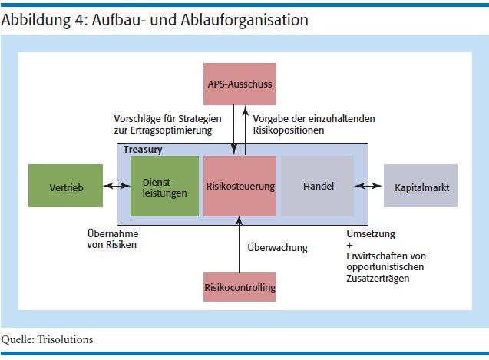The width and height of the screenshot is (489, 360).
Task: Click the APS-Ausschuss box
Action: coord(240,84)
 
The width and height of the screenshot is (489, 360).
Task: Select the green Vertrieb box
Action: coord(65,186)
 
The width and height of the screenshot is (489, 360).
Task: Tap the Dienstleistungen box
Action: coord(164,186)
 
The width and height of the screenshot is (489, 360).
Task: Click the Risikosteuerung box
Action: coord(240,186)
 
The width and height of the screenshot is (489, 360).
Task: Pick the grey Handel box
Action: coord(318,186)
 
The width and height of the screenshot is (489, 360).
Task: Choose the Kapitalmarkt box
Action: coord(421,186)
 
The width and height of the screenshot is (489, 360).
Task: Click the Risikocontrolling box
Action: coord(240,287)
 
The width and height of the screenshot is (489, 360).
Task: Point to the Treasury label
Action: coord(143,150)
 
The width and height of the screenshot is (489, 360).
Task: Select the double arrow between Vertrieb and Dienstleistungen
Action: coord(117,186)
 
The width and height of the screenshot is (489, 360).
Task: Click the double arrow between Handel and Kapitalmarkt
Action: coord(368,186)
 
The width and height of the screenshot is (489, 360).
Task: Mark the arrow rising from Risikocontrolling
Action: coord(240,245)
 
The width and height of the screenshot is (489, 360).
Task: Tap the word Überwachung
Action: coord(278,247)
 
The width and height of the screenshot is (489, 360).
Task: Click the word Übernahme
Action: coord(113,233)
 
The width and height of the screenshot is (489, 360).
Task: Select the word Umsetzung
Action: coord(371,234)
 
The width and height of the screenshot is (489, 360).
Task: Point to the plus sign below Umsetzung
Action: coord(349,245)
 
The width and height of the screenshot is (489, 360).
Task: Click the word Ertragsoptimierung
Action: coord(171,130)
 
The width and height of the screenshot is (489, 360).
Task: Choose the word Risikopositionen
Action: coord(289,130)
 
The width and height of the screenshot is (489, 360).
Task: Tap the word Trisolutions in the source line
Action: coord(64,339)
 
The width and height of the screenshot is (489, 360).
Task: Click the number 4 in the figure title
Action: coord(78,20)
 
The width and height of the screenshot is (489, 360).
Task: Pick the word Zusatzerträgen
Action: coord(378,279)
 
